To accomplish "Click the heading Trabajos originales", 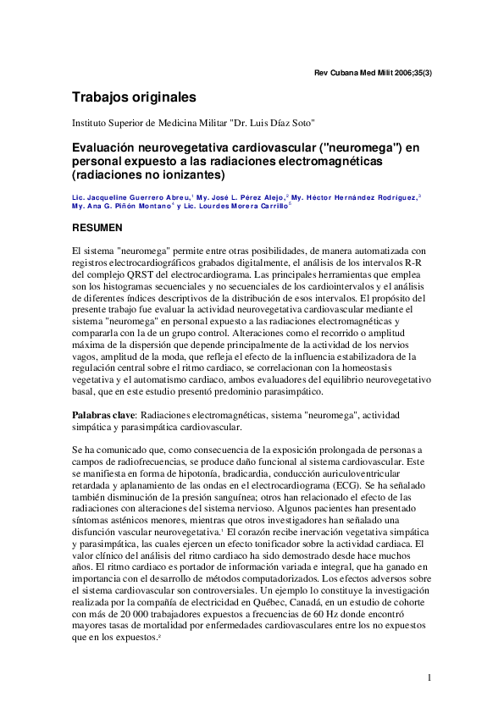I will (x=134, y=97).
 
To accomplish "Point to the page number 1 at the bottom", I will (x=430, y=677).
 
